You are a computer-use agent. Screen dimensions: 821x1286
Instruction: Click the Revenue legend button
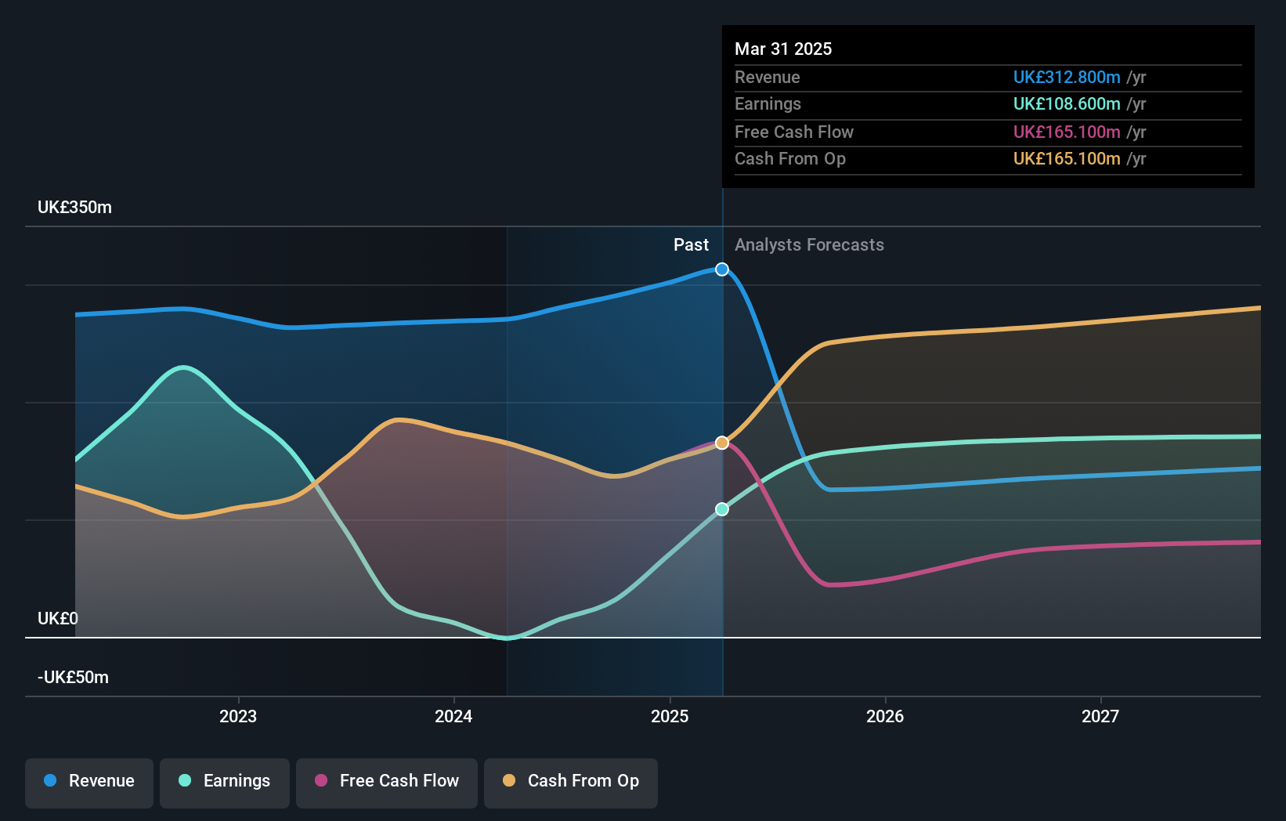pyautogui.click(x=89, y=782)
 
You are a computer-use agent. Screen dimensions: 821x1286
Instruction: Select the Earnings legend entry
pyautogui.click(x=225, y=782)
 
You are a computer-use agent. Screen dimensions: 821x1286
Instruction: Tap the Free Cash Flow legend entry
pyautogui.click(x=387, y=782)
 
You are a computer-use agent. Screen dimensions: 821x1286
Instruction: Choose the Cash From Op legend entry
pyautogui.click(x=571, y=782)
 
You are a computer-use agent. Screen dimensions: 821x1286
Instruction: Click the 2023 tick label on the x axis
pyautogui.click(x=238, y=716)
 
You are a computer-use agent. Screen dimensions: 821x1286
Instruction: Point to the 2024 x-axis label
pyautogui.click(x=453, y=716)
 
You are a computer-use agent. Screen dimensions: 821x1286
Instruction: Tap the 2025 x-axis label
pyautogui.click(x=670, y=716)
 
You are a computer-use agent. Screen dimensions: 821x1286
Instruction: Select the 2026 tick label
pyautogui.click(x=885, y=716)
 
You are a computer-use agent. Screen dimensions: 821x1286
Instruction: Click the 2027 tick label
pyautogui.click(x=1100, y=716)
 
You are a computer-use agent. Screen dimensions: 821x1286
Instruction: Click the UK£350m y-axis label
pyautogui.click(x=74, y=208)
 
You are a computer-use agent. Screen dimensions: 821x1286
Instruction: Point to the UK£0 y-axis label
pyautogui.click(x=58, y=619)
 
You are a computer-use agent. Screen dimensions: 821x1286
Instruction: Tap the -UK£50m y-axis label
pyautogui.click(x=73, y=678)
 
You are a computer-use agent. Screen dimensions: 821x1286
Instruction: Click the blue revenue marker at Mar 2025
pyautogui.click(x=722, y=269)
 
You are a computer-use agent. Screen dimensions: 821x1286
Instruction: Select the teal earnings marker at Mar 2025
pyautogui.click(x=722, y=509)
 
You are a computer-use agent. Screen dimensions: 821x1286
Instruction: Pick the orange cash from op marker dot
pyautogui.click(x=722, y=443)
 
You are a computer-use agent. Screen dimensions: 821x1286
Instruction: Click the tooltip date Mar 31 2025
pyautogui.click(x=783, y=49)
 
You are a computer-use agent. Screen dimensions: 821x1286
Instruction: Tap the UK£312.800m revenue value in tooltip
pyautogui.click(x=1067, y=77)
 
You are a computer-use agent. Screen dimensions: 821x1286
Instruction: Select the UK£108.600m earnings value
pyautogui.click(x=1067, y=103)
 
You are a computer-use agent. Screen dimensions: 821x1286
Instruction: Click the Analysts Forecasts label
pyautogui.click(x=809, y=245)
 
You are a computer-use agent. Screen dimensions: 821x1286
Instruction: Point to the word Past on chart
pyautogui.click(x=691, y=245)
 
